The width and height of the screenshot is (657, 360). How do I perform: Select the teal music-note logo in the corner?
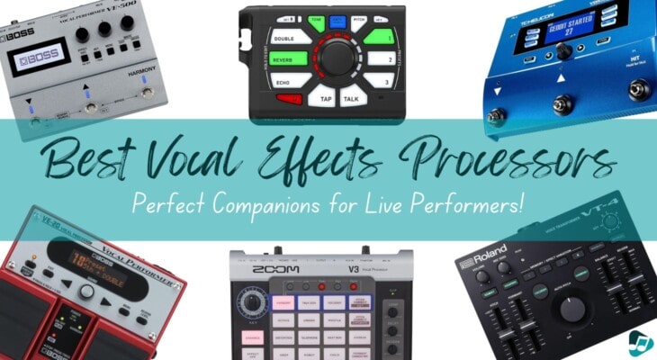click(639, 342)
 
